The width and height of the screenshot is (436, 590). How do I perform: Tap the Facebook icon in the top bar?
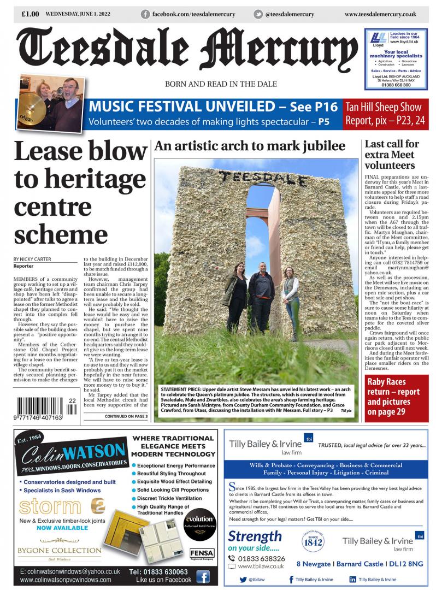point(145,14)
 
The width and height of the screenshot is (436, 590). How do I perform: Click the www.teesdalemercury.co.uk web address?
point(380,14)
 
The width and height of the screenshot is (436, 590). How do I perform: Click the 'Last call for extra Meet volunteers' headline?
point(392,155)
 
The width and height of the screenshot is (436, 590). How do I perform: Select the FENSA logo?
point(202,553)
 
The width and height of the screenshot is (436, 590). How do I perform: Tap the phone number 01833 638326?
point(261,558)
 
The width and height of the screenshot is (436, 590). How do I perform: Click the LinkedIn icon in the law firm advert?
point(352,579)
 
